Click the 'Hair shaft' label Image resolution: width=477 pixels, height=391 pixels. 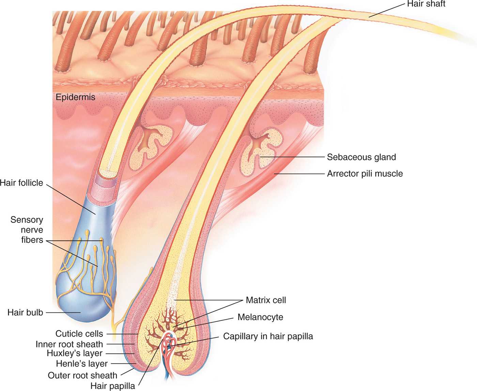pos(426,4)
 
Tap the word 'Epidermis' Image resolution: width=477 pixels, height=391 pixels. pos(75,97)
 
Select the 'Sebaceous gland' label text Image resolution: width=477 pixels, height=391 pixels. pos(361,157)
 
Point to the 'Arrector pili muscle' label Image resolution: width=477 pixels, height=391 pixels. pos(365,174)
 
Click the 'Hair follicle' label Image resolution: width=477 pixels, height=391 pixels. pos(22,183)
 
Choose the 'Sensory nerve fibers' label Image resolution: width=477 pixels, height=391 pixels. pos(27,230)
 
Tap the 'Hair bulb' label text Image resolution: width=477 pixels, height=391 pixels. pos(25,312)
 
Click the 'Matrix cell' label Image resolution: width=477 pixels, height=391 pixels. pos(266,300)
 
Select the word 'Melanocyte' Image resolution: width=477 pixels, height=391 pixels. pos(260,317)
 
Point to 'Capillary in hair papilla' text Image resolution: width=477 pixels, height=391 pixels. pos(268,336)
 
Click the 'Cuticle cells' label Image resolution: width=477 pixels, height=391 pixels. pos(79,334)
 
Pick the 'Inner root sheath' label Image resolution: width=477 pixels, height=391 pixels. pos(69,344)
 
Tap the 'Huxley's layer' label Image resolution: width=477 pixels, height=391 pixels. pos(75,353)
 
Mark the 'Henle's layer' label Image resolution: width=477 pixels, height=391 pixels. pos(82,364)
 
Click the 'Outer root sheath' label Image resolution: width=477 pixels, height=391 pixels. pos(82,375)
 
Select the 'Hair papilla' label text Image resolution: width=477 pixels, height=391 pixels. pos(112,386)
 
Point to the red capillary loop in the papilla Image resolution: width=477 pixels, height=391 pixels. pos(168,345)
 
